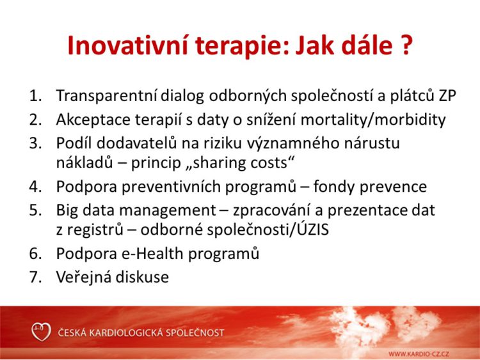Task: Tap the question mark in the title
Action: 406,45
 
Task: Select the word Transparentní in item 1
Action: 107,96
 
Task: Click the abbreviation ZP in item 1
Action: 447,95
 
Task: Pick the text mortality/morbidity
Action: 373,120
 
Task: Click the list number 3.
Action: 35,143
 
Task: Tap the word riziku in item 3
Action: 218,143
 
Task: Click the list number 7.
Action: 35,277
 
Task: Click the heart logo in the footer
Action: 41,332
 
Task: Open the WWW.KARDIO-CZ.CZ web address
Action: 419,354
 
